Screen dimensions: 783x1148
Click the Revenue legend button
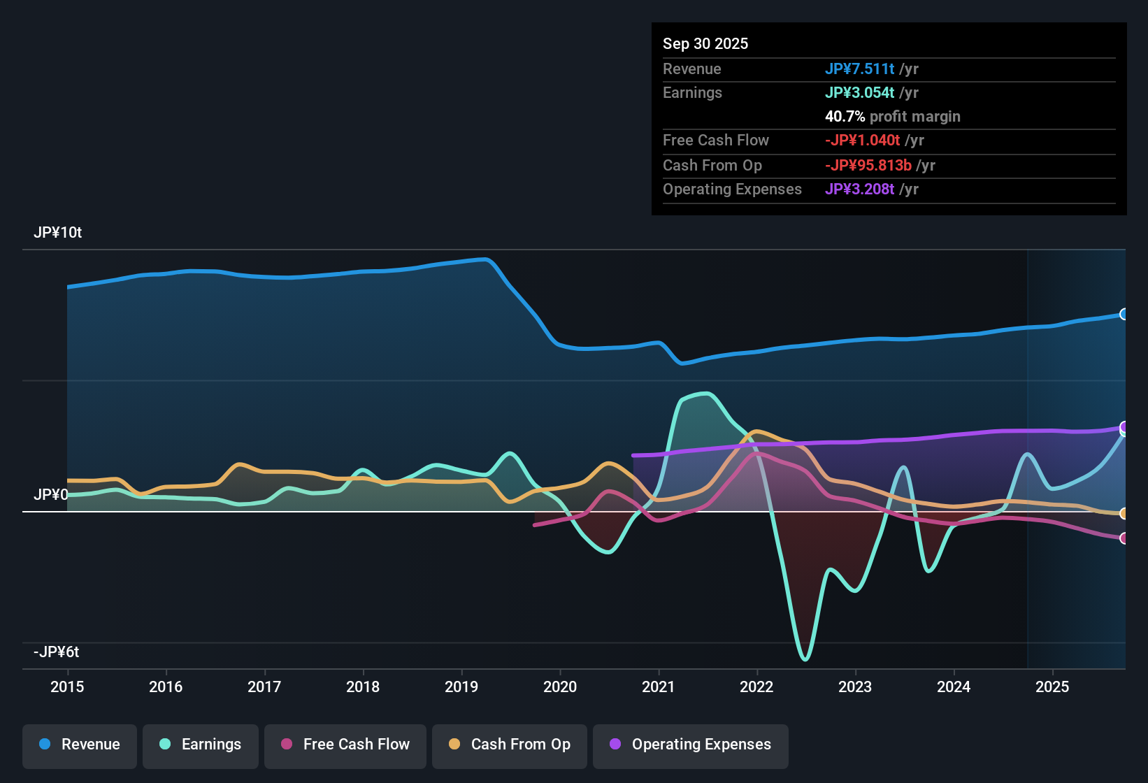pyautogui.click(x=80, y=745)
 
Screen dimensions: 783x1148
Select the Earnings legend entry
pyautogui.click(x=201, y=745)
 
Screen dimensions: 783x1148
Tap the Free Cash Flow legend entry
pyautogui.click(x=345, y=745)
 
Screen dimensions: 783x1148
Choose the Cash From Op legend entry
pyautogui.click(x=510, y=745)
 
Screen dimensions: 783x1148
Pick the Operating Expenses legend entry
pyautogui.click(x=691, y=745)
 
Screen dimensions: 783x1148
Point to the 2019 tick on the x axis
pyautogui.click(x=461, y=687)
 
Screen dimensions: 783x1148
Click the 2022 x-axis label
pyautogui.click(x=756, y=687)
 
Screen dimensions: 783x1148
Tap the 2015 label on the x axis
pyautogui.click(x=67, y=687)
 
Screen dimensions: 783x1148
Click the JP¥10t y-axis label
pyautogui.click(x=57, y=233)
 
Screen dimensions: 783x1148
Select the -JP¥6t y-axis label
pyautogui.click(x=56, y=652)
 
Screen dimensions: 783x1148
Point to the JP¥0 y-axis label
pyautogui.click(x=50, y=495)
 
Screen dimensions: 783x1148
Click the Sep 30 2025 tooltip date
pyautogui.click(x=705, y=43)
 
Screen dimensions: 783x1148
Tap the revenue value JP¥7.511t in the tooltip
pyautogui.click(x=859, y=69)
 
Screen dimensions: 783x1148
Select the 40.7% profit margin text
pyautogui.click(x=892, y=117)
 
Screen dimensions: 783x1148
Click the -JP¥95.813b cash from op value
pyautogui.click(x=868, y=166)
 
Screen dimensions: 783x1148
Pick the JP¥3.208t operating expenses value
pyautogui.click(x=859, y=189)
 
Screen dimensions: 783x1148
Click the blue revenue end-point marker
pyautogui.click(x=1124, y=314)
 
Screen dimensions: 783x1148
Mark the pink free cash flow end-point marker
pyautogui.click(x=1124, y=538)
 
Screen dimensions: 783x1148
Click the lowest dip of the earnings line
pyautogui.click(x=805, y=659)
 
